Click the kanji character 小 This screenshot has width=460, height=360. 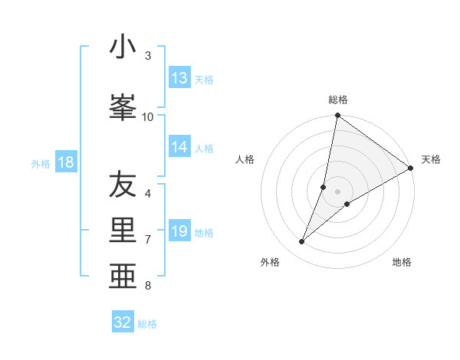[123, 47]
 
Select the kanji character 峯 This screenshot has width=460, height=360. [123, 106]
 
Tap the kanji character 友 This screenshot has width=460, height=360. [123, 185]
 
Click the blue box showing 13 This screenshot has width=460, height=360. [179, 78]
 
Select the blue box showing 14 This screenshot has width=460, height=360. [179, 148]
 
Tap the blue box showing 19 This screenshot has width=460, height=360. [179, 232]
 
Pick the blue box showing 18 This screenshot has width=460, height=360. [65, 162]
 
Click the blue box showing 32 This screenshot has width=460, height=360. [123, 322]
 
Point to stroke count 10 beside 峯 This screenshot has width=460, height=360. [148, 116]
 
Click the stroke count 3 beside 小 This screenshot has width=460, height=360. [148, 56]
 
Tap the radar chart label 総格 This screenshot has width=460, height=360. [338, 100]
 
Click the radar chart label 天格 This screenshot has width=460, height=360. [431, 159]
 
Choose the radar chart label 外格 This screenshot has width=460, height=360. [270, 262]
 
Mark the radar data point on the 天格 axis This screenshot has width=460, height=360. [410, 168]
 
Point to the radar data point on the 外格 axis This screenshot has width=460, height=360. [301, 242]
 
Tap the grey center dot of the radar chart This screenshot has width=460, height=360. [338, 191]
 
